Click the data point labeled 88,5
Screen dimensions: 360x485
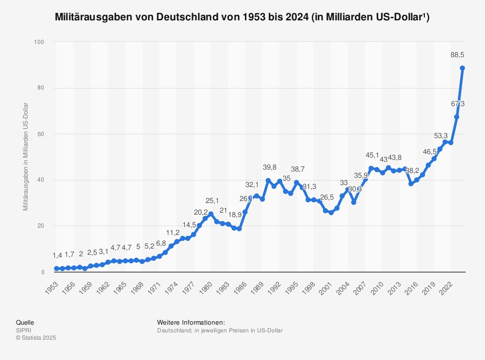tap(462, 68)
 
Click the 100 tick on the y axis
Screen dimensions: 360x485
tap(39, 42)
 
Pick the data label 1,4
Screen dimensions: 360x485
tap(57, 255)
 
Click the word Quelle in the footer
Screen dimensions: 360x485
tap(25, 322)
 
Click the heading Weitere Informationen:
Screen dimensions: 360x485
tap(191, 322)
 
